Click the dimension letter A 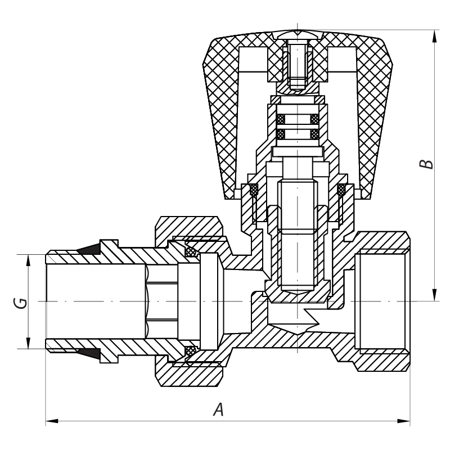point(218,409)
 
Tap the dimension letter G point(20,302)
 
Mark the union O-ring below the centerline point(191,351)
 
